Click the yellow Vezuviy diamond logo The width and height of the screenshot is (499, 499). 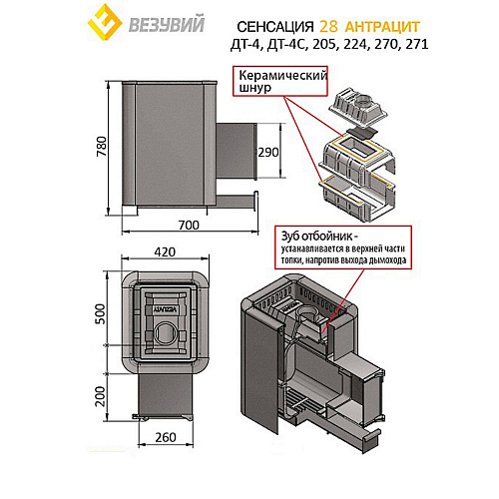click(x=105, y=22)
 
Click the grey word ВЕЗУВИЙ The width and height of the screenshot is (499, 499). click(x=167, y=25)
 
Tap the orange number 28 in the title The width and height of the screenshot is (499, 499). click(x=328, y=27)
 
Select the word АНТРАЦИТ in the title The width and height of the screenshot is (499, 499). click(x=382, y=27)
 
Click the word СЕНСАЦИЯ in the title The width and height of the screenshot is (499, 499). click(x=275, y=27)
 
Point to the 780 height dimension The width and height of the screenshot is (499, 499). click(x=102, y=147)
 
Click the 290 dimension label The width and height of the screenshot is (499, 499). click(x=268, y=153)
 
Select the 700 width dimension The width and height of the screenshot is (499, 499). click(x=189, y=226)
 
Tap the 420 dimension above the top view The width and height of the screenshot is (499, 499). click(x=165, y=252)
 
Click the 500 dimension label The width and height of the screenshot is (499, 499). click(x=100, y=313)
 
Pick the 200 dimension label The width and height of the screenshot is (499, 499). click(x=100, y=396)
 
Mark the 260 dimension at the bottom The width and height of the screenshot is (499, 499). click(x=166, y=437)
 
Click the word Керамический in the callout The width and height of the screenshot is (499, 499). click(x=283, y=76)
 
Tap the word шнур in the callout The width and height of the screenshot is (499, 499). click(x=255, y=88)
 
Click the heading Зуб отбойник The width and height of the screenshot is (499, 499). click(x=319, y=237)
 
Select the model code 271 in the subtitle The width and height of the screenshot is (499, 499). click(x=417, y=44)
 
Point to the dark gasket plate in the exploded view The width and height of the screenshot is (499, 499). click(x=360, y=133)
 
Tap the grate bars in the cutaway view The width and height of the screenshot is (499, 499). click(x=301, y=403)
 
